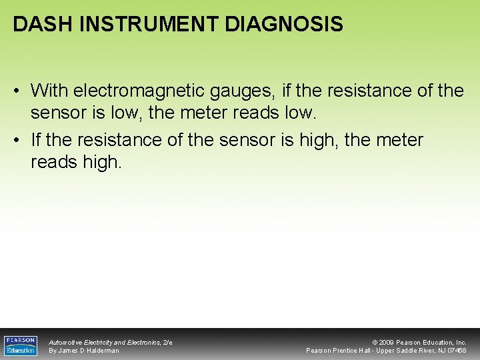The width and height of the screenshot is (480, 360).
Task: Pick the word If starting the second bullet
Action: tap(37, 140)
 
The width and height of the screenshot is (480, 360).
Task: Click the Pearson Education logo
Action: tap(21, 345)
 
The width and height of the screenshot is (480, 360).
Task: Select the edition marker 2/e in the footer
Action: tap(167, 342)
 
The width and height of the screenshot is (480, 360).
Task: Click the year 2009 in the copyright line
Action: tap(387, 342)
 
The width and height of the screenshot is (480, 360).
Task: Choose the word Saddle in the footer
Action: tap(408, 351)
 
